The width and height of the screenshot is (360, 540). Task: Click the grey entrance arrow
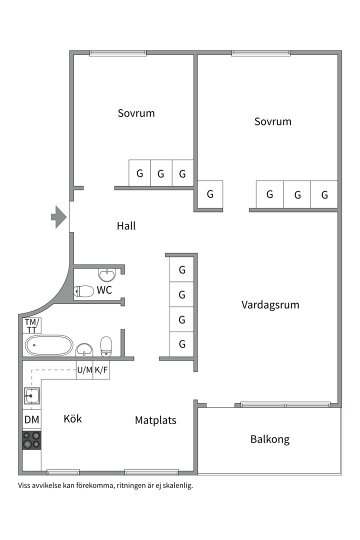(x=59, y=217)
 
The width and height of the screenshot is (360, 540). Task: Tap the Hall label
(x=126, y=226)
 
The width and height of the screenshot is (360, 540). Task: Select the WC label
(x=104, y=290)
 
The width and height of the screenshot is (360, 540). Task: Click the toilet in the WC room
(x=83, y=291)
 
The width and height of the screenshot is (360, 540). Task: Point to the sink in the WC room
(x=107, y=275)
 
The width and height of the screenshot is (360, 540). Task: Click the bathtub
(x=49, y=345)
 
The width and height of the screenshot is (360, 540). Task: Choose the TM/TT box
(x=32, y=326)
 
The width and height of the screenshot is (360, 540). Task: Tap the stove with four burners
(x=31, y=440)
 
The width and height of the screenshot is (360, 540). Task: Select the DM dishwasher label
(x=31, y=419)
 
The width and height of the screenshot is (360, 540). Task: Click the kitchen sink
(x=31, y=395)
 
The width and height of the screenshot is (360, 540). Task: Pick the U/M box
(x=84, y=370)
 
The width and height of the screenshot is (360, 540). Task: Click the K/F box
(x=101, y=370)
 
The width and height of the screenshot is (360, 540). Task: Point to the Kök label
(x=72, y=419)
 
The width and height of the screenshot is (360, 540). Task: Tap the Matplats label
(x=155, y=420)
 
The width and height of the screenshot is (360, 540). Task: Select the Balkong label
(x=269, y=439)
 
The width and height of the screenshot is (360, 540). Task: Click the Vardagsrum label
(x=270, y=305)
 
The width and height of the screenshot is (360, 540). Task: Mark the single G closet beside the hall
(x=210, y=194)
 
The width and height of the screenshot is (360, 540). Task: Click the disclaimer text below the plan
(x=105, y=486)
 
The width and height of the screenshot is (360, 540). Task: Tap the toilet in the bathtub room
(x=106, y=346)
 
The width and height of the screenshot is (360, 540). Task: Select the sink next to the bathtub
(x=84, y=349)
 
